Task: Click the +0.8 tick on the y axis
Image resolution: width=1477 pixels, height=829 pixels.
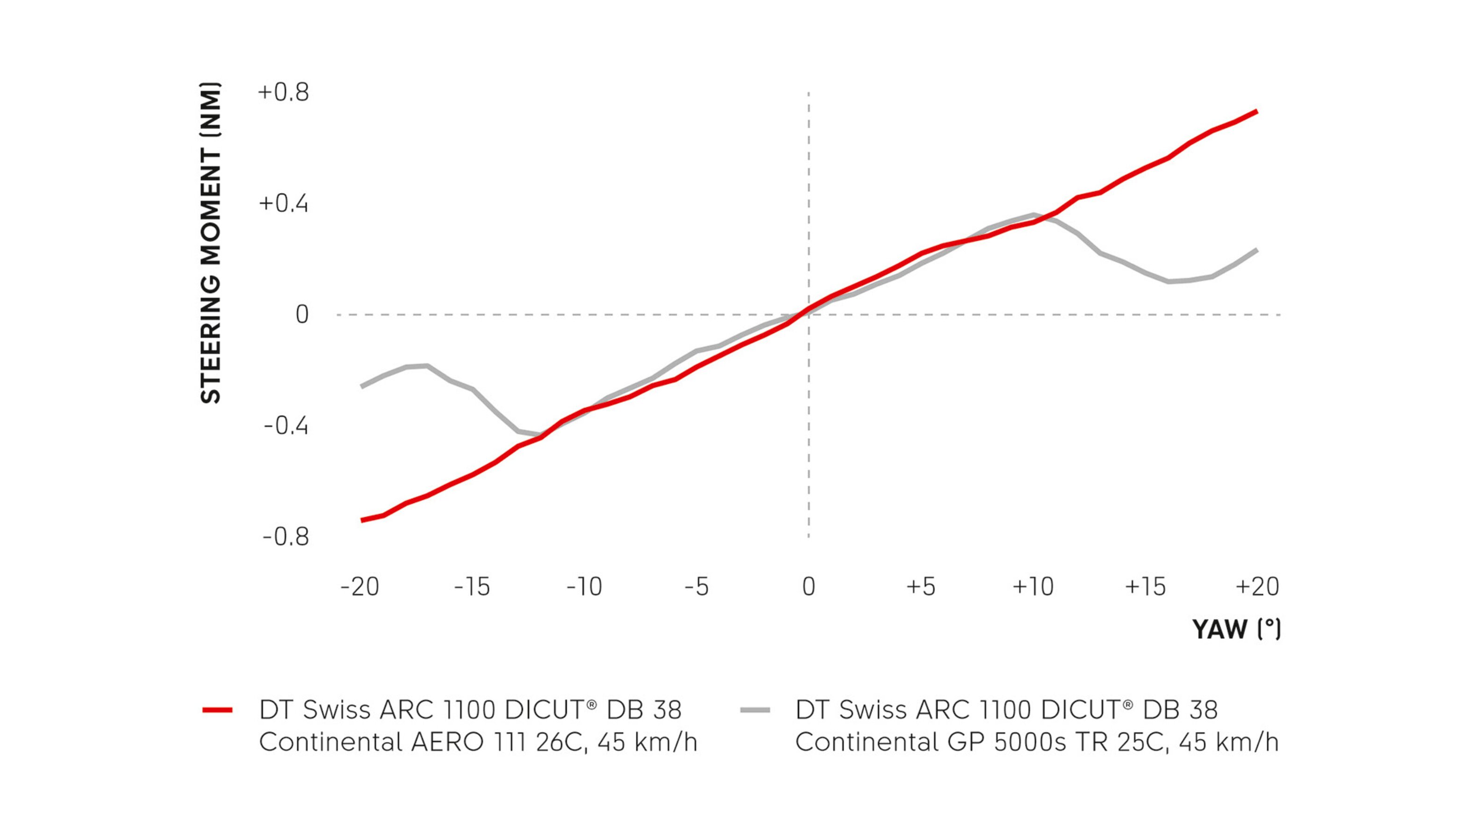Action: (x=283, y=93)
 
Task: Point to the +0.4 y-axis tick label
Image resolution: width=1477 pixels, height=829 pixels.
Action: (x=283, y=204)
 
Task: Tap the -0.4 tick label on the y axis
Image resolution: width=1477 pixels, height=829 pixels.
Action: (x=286, y=426)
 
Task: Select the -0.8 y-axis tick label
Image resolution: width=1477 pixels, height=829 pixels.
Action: (x=286, y=537)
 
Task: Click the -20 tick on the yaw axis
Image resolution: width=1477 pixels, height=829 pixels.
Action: (x=359, y=587)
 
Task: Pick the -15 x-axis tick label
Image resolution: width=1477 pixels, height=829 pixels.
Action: (x=472, y=587)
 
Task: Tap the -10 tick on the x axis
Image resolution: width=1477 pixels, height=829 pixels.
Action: (x=584, y=587)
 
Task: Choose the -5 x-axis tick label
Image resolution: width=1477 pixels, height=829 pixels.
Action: (x=696, y=587)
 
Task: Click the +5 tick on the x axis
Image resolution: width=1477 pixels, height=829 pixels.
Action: (x=921, y=587)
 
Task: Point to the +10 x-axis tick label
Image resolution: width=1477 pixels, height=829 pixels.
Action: (x=1033, y=587)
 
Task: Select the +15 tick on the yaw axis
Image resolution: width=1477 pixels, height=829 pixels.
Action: (x=1146, y=587)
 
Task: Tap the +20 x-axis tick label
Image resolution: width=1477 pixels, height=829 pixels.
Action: (x=1257, y=587)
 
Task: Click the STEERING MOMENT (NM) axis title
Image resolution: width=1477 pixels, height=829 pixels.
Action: (x=210, y=243)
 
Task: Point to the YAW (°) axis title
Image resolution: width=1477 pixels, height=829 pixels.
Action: (x=1236, y=629)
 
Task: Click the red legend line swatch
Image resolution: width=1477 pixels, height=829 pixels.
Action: (x=217, y=710)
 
